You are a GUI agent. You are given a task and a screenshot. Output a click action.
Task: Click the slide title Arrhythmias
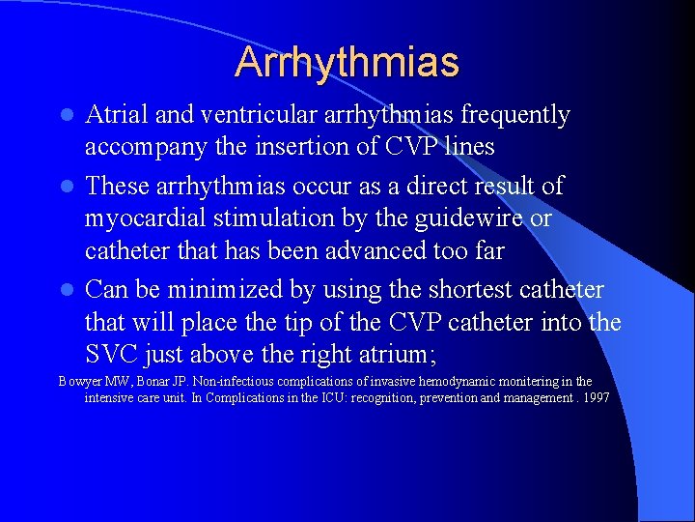click(347, 63)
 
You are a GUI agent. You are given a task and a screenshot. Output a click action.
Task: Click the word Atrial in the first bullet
click(117, 115)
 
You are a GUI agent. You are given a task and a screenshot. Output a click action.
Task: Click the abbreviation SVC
click(111, 356)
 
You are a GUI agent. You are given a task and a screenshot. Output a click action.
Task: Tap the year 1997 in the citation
click(594, 398)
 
